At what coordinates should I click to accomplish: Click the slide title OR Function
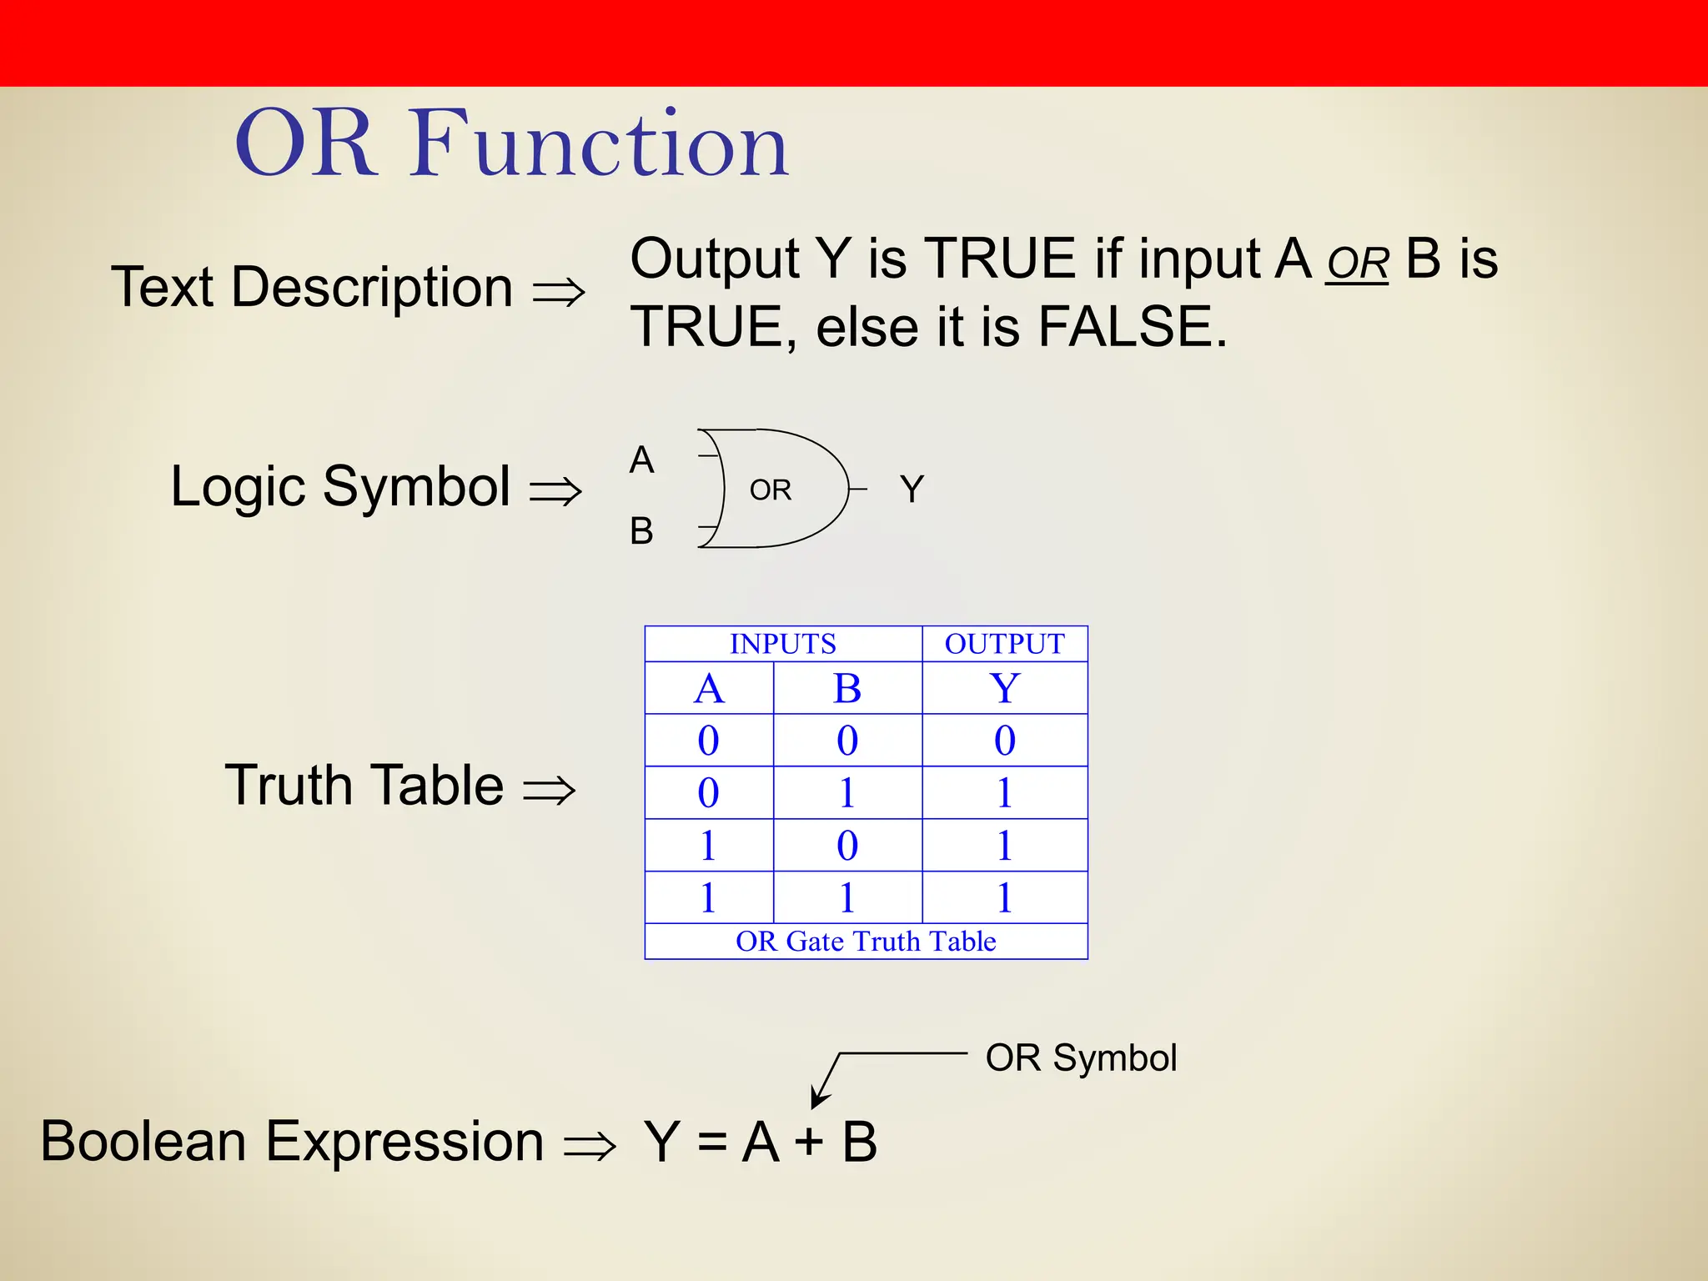511,143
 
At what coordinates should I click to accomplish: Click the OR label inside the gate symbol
770,490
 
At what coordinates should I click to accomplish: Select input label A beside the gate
641,460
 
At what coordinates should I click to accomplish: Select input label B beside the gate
641,531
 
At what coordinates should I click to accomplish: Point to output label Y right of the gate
912,490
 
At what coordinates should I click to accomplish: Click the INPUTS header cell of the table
782,644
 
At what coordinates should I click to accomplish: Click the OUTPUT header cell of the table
1004,644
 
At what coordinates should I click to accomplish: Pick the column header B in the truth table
846,689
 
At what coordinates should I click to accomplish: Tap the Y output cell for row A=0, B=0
1004,741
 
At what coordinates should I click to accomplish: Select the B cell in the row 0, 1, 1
846,793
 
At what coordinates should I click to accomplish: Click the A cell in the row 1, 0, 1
708,846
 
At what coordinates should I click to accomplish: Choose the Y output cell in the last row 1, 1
1004,898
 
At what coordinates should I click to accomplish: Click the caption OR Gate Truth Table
866,942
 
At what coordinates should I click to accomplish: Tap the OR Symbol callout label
1081,1058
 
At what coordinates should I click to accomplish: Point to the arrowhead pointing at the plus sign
818,1099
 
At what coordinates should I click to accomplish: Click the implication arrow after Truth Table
549,790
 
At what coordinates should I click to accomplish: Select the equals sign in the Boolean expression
711,1142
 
